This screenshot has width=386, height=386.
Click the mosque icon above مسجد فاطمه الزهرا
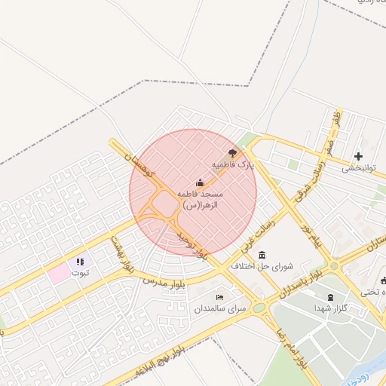200,182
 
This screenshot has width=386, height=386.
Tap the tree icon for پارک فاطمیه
232,152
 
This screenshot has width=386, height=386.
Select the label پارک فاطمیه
233,164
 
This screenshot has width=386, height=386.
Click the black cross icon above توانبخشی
358,156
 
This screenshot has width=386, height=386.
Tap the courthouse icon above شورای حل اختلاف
262,255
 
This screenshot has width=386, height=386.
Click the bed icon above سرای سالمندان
220,297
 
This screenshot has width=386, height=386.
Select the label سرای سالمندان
221,309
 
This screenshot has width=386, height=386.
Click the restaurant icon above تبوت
79,262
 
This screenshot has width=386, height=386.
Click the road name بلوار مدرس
164,281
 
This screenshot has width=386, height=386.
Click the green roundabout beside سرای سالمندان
259,308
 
